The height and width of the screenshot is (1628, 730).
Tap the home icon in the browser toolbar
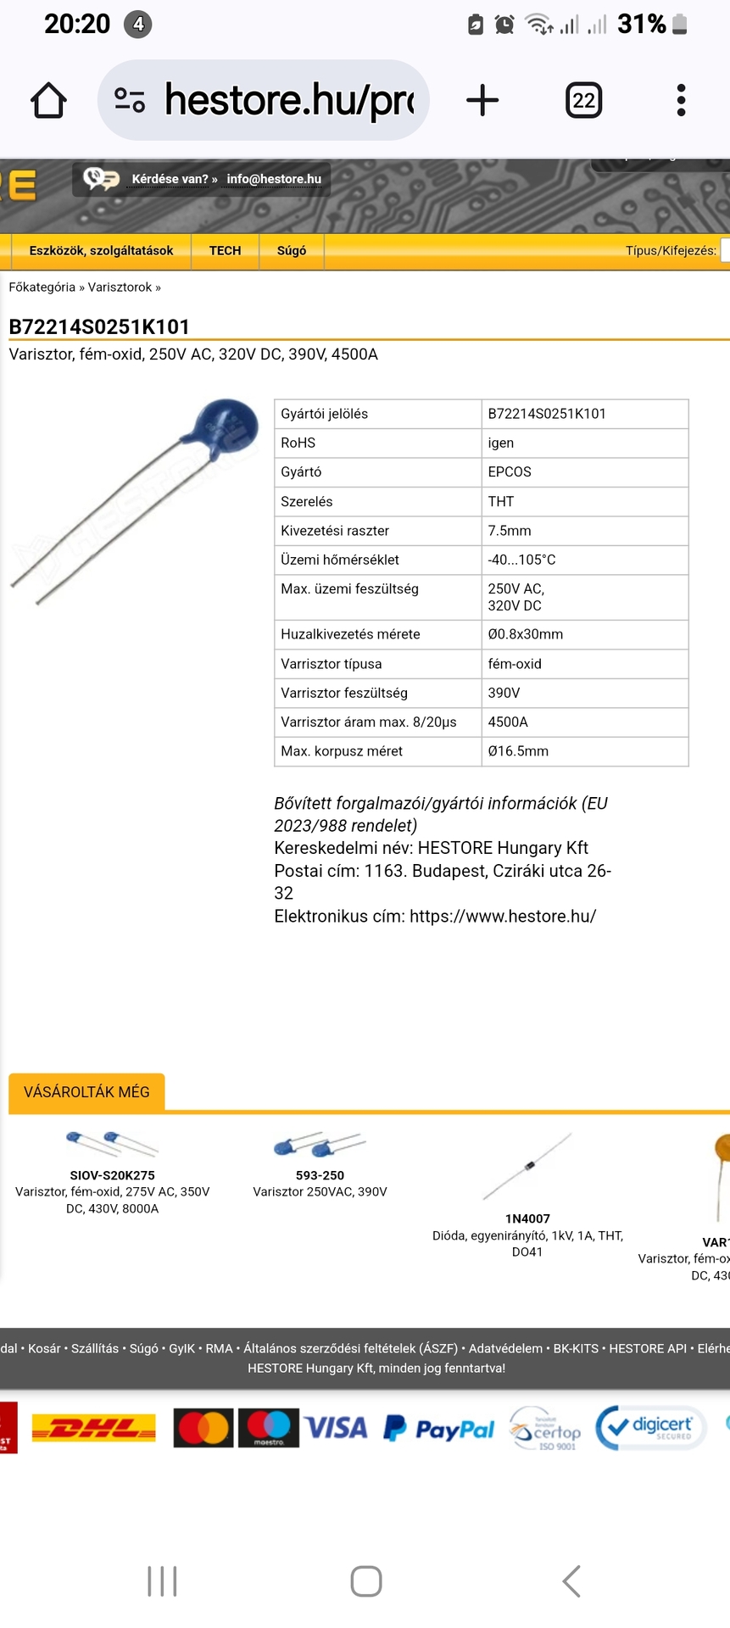click(x=48, y=100)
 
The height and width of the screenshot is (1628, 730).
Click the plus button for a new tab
click(x=482, y=100)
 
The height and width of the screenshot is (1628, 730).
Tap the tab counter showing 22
click(x=583, y=101)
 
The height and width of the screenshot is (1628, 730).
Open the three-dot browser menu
click(x=681, y=100)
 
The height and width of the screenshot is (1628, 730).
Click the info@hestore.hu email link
click(x=274, y=179)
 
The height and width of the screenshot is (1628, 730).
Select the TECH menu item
click(x=225, y=251)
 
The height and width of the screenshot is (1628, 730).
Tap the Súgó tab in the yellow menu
click(x=292, y=251)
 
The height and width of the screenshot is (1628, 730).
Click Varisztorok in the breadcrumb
click(x=120, y=287)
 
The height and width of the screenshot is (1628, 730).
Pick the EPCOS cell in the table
click(x=510, y=472)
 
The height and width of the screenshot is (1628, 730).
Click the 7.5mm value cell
click(x=510, y=531)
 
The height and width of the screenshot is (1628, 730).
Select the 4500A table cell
click(x=508, y=722)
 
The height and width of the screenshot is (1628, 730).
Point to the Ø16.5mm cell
click(x=518, y=751)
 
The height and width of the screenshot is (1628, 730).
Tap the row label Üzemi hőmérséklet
click(x=339, y=560)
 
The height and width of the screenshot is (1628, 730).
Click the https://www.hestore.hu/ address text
click(x=503, y=917)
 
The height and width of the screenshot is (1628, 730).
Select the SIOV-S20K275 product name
click(x=112, y=1176)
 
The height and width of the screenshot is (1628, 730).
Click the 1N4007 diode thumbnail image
click(x=527, y=1166)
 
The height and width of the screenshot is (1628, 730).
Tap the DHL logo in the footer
click(x=93, y=1429)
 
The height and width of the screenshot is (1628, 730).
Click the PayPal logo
click(x=439, y=1430)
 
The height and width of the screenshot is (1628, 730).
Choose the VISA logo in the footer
click(x=337, y=1429)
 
